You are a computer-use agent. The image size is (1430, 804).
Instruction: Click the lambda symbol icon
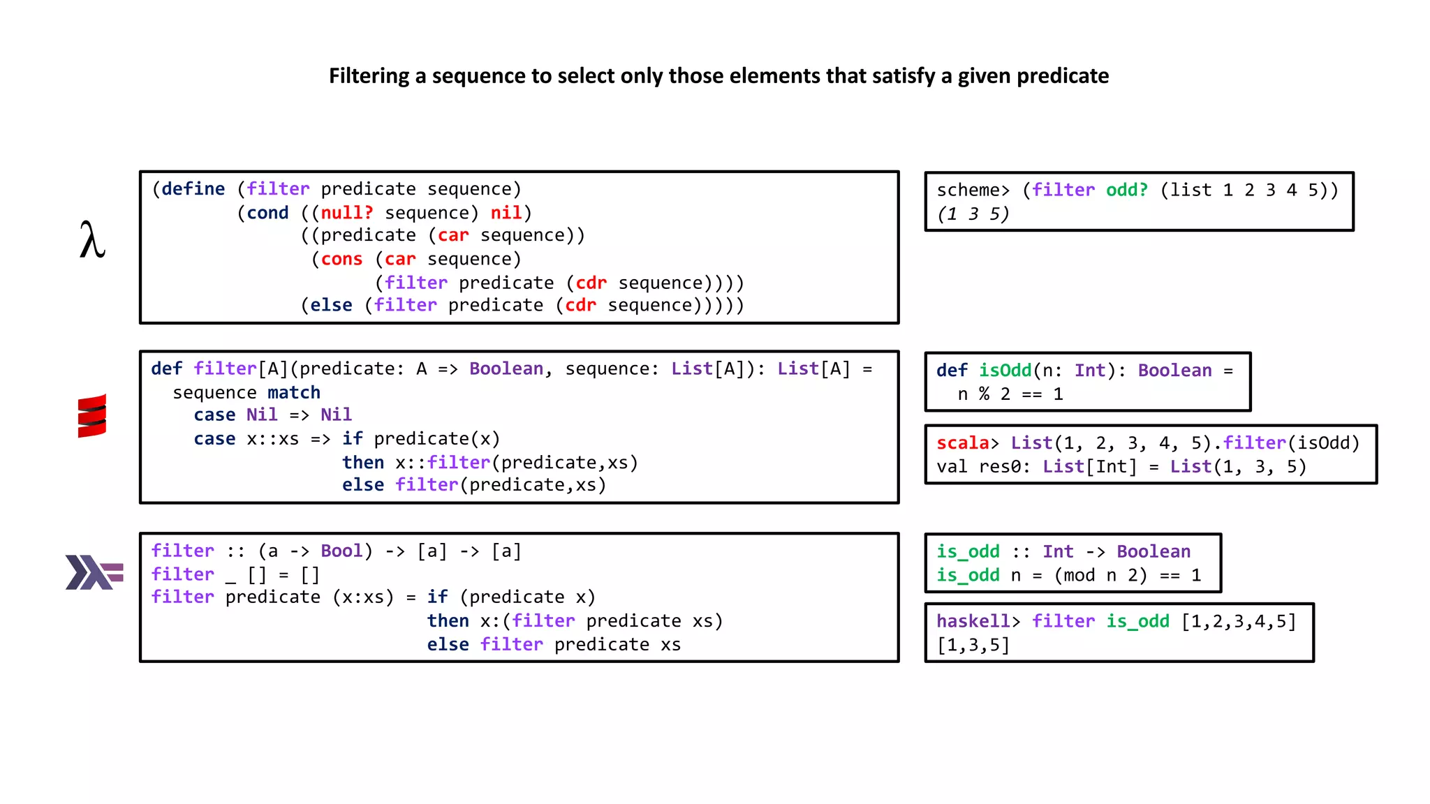point(92,240)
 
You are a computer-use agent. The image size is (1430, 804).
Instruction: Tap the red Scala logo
point(92,416)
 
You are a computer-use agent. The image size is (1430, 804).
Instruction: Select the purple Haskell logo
point(94,572)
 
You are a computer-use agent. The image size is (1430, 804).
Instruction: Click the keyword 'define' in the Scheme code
point(193,189)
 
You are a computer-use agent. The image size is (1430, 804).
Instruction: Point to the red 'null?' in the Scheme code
point(347,213)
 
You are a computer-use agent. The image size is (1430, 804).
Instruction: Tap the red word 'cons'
point(341,260)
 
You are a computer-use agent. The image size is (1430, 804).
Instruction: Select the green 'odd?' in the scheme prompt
point(1126,190)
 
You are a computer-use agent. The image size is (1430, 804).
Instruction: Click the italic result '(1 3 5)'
point(973,214)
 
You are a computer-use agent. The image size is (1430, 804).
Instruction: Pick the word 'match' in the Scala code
point(294,392)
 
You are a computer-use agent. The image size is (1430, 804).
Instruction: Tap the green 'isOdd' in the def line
point(1005,371)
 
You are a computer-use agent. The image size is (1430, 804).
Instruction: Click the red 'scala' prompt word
point(962,443)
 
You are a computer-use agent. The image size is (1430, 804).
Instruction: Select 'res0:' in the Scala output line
point(1004,467)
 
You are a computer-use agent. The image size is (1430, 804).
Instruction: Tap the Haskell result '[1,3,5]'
point(973,646)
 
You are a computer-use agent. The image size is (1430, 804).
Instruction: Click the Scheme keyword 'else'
point(331,306)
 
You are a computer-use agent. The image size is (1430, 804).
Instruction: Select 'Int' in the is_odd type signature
point(1057,551)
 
